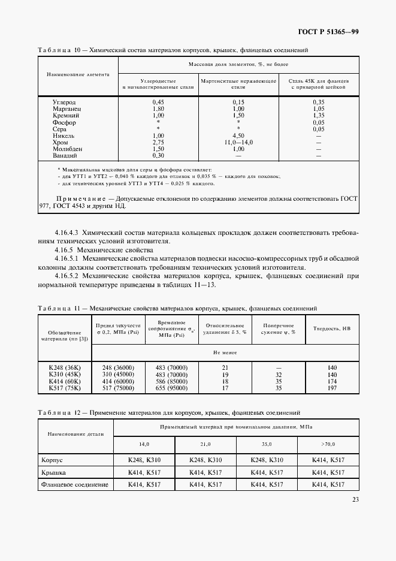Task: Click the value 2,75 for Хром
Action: (158, 142)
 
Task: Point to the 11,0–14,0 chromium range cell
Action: (238, 142)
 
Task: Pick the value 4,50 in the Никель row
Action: (238, 135)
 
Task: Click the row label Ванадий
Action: (65, 155)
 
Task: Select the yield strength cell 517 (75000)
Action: (118, 388)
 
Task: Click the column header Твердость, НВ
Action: (329, 328)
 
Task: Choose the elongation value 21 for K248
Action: (225, 367)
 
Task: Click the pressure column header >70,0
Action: (328, 444)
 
